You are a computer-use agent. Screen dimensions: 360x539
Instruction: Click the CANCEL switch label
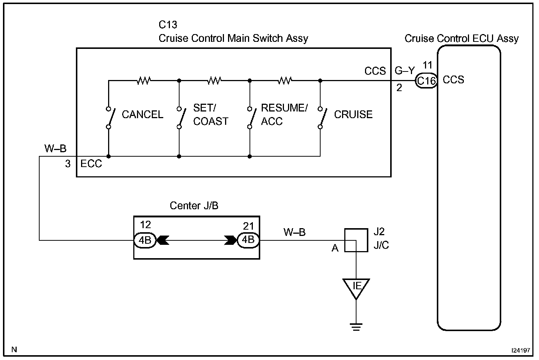(142, 114)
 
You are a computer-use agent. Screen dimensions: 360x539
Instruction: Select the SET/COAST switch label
(211, 114)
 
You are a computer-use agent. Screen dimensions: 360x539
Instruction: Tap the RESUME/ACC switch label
(284, 114)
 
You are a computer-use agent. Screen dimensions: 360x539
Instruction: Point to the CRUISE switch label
(353, 114)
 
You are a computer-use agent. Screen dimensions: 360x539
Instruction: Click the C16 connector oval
(426, 80)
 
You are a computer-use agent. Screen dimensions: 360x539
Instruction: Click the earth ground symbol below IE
(356, 326)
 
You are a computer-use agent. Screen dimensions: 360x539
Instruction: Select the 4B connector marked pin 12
(145, 240)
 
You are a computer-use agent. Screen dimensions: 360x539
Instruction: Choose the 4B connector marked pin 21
(248, 240)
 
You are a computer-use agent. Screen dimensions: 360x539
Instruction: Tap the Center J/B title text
(194, 206)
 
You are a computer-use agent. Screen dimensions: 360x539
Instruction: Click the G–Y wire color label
(405, 70)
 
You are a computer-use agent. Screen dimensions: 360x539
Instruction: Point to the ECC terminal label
(91, 164)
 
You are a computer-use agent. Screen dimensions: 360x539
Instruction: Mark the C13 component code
(168, 25)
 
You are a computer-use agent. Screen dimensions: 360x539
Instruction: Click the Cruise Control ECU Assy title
(461, 39)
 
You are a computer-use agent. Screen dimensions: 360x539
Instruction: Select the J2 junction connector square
(356, 240)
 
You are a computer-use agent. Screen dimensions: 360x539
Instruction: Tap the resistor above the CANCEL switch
(144, 80)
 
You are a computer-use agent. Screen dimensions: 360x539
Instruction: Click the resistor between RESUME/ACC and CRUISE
(285, 80)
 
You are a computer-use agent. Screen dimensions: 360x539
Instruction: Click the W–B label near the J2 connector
(295, 232)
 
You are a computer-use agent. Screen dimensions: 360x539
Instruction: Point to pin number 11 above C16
(427, 66)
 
